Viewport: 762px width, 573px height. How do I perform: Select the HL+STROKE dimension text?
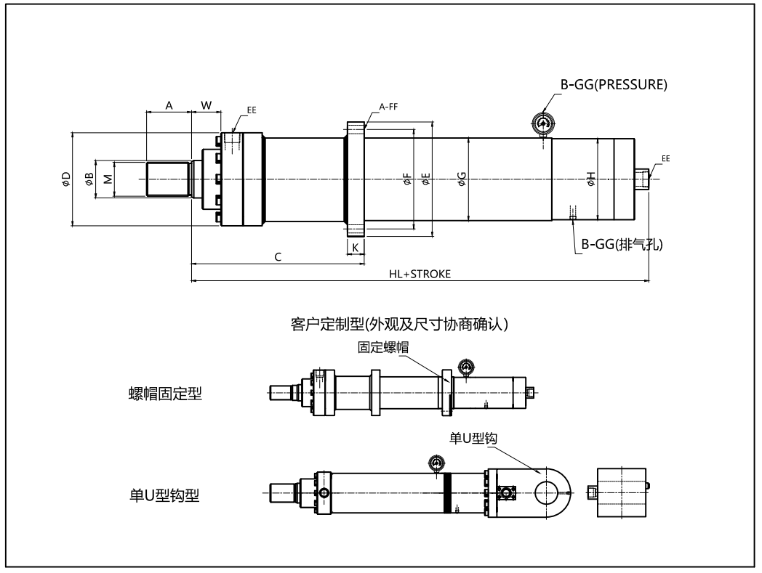[420, 274]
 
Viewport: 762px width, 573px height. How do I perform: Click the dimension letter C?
[278, 257]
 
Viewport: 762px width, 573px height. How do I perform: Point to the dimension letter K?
[355, 248]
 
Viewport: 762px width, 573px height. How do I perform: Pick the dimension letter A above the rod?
[169, 105]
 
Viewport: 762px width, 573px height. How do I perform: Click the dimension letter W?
[206, 105]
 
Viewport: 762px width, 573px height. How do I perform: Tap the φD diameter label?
[65, 179]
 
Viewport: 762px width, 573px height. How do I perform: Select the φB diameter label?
[89, 179]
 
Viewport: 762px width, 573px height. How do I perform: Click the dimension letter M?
[107, 179]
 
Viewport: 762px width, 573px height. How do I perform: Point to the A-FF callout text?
[388, 107]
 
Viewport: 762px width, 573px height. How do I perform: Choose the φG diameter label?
[462, 179]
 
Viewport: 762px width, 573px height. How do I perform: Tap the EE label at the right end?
[666, 158]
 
